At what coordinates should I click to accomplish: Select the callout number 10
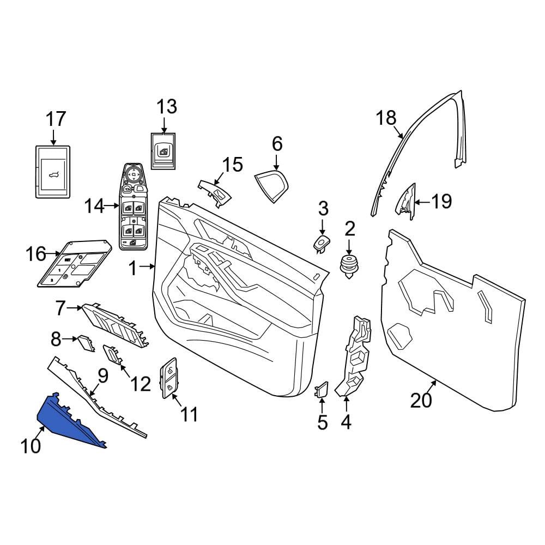point(31,446)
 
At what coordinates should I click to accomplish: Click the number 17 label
point(56,119)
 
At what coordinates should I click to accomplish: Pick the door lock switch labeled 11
point(168,378)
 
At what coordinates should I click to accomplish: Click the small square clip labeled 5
point(321,389)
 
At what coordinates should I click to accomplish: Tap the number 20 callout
point(421,400)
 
